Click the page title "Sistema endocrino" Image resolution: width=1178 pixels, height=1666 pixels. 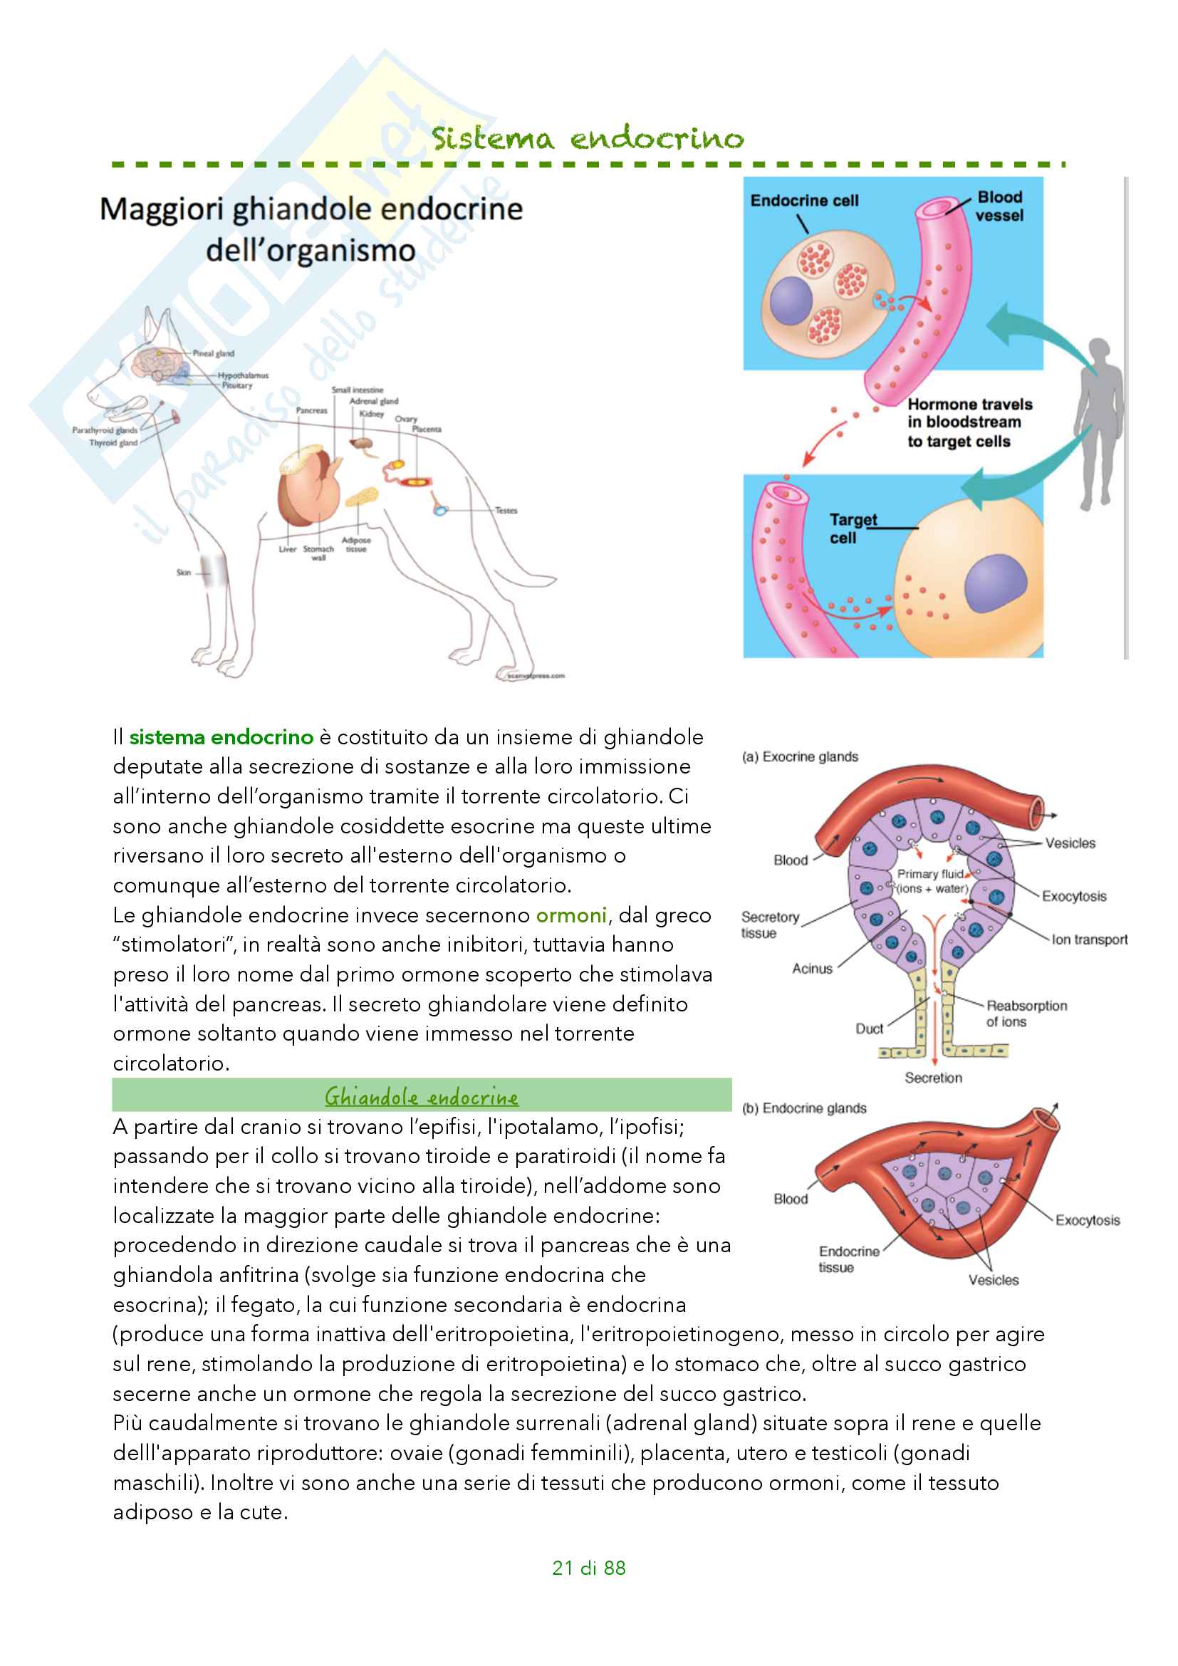(588, 138)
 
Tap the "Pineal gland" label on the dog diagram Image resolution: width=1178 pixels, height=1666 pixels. (213, 353)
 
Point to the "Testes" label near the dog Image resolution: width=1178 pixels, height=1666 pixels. (506, 511)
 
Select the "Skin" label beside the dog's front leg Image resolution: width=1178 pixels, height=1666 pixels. (184, 573)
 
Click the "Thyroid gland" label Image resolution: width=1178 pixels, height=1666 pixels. (113, 442)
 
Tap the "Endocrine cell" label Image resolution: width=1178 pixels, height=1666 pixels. (803, 201)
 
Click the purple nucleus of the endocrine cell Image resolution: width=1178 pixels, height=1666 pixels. (791, 301)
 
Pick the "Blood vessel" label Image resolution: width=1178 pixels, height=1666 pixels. (999, 206)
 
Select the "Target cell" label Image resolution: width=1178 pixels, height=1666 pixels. (853, 529)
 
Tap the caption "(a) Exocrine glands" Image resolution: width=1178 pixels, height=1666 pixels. (799, 757)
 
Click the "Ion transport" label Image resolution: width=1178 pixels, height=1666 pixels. (1090, 939)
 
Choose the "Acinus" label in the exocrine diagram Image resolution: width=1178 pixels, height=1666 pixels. (812, 969)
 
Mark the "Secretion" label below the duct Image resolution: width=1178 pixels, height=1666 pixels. (933, 1078)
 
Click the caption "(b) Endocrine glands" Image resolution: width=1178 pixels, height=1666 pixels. (803, 1108)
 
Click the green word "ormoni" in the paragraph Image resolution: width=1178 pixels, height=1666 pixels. (571, 915)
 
